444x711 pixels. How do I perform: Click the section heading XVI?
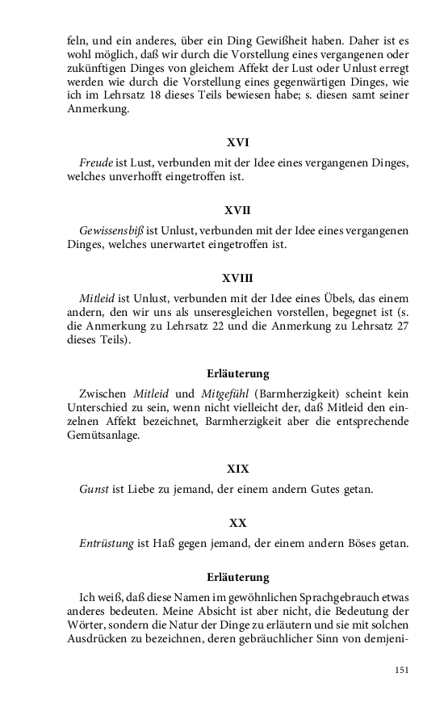click(x=237, y=143)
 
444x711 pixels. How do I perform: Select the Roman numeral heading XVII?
click(x=237, y=211)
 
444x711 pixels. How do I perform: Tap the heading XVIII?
click(x=237, y=279)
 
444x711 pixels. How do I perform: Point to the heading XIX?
click(x=237, y=469)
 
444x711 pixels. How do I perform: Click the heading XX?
click(x=237, y=523)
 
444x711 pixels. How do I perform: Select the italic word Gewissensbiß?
click(x=112, y=230)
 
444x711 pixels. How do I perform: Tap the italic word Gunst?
click(x=94, y=489)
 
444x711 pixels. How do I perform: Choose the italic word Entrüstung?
click(x=107, y=543)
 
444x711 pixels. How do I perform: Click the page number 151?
click(x=401, y=669)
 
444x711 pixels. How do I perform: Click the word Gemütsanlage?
click(x=103, y=435)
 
